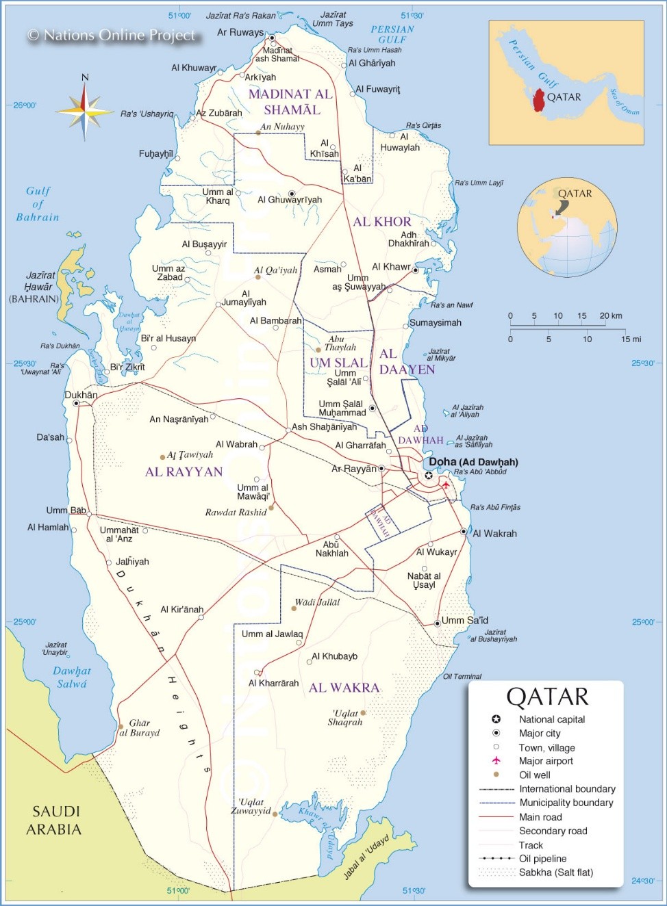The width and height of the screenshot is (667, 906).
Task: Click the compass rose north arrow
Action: tap(85, 89)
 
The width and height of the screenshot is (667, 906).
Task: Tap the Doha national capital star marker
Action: tap(429, 476)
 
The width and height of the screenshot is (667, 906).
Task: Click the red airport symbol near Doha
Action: tap(446, 484)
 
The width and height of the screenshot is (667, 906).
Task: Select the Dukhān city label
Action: tap(81, 395)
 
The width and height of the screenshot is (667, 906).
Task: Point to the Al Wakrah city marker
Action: tap(464, 531)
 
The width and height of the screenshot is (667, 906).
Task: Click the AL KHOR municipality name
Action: tap(382, 222)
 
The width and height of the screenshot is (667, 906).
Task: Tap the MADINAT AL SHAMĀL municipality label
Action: tap(290, 102)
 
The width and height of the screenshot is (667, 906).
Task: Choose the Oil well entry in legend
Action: tap(534, 775)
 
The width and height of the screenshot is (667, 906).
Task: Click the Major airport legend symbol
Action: tap(496, 761)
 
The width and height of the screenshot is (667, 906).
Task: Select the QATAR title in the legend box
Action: tap(547, 697)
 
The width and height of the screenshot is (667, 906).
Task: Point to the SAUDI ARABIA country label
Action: tap(56, 820)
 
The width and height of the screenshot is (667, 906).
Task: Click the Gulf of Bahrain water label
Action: tap(38, 204)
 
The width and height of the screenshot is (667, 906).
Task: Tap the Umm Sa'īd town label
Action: tap(464, 621)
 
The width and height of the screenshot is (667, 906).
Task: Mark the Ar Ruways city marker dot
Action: tap(272, 38)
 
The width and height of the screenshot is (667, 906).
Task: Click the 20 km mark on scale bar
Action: tap(610, 316)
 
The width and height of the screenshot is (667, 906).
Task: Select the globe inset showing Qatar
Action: tap(567, 227)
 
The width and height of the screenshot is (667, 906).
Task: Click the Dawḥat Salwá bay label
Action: tap(72, 677)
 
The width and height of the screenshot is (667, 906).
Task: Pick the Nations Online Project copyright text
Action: tap(112, 35)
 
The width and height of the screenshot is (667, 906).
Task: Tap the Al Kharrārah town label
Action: tap(273, 683)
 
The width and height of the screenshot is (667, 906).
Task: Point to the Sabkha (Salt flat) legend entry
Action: tap(555, 872)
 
